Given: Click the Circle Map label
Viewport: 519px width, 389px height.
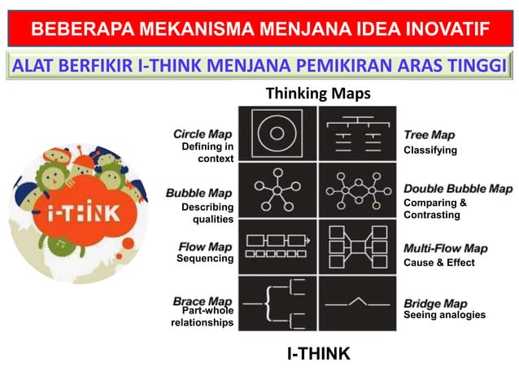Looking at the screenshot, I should pyautogui.click(x=203, y=133).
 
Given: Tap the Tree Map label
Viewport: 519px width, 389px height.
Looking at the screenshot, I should pyautogui.click(x=430, y=135).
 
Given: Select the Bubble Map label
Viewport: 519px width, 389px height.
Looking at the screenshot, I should pyautogui.click(x=199, y=194).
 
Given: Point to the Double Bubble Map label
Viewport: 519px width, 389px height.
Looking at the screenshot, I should pyautogui.click(x=458, y=189).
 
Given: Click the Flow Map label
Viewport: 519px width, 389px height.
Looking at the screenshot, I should pyautogui.click(x=205, y=247).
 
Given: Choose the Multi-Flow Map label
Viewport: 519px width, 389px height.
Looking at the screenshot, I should pyautogui.click(x=445, y=248).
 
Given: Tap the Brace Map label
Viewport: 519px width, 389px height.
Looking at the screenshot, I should pyautogui.click(x=203, y=301).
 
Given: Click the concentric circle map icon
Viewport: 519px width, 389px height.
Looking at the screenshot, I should pyautogui.click(x=277, y=133).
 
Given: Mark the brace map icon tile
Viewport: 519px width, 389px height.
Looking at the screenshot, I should pyautogui.click(x=277, y=303).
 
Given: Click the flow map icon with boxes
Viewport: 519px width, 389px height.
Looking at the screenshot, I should pyautogui.click(x=277, y=247).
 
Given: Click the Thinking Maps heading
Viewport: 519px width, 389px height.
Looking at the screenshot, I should pyautogui.click(x=318, y=94).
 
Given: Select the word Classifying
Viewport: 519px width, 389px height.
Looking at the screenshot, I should pyautogui.click(x=430, y=151).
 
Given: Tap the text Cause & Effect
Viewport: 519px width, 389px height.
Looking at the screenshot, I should pyautogui.click(x=438, y=263).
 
